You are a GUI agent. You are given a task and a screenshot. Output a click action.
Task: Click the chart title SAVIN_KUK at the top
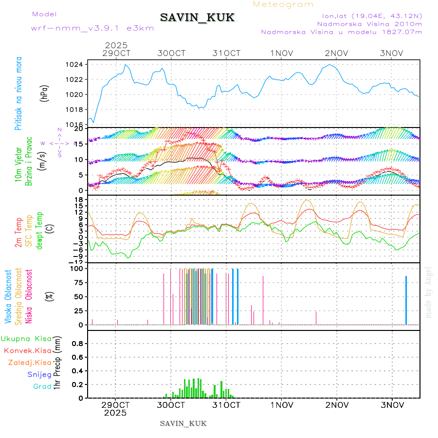(x=197, y=18)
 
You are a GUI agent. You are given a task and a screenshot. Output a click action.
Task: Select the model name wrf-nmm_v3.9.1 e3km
(x=92, y=28)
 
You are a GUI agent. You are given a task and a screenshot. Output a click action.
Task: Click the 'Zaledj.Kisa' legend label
(x=30, y=362)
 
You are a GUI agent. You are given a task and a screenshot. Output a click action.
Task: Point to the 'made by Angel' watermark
(x=429, y=292)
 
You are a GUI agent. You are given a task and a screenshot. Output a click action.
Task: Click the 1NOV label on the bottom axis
(x=282, y=405)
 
